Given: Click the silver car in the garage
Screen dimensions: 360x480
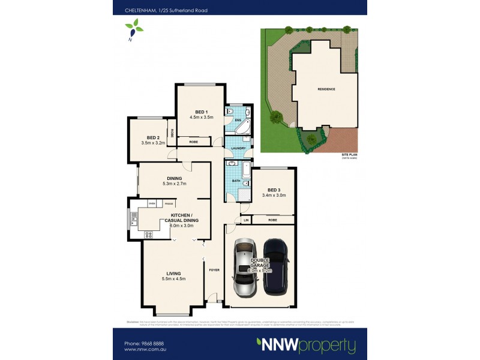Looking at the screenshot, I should coord(245,268).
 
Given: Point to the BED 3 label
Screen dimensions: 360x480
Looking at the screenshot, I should coord(274,189).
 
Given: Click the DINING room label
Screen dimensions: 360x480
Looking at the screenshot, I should coord(175,178).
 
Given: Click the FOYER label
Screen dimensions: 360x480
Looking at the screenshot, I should coord(214,270).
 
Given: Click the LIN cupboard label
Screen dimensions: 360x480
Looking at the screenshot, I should coord(245,221).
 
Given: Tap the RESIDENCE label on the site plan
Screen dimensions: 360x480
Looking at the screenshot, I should coord(326,89).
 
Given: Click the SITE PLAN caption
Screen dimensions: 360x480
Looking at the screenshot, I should coord(349,155).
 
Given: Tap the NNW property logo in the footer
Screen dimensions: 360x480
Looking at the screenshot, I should coord(306,345).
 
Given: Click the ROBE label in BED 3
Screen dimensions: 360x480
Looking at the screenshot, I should coord(272,220).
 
